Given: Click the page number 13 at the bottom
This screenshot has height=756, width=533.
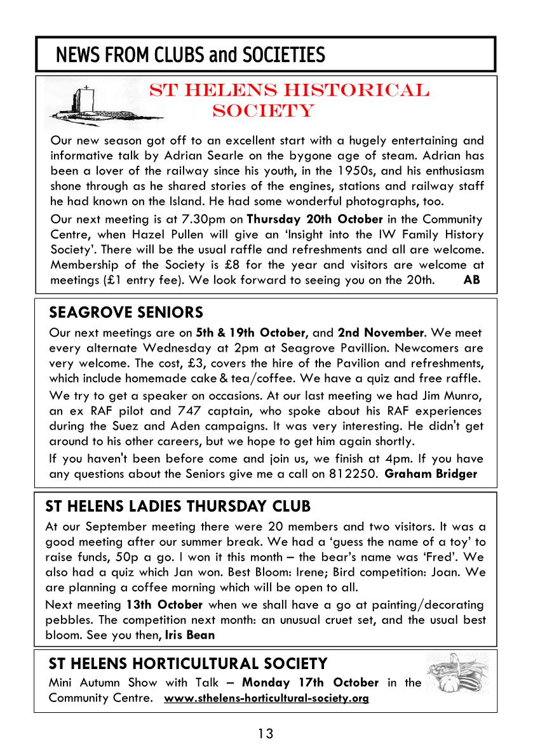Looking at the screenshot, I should [266, 734].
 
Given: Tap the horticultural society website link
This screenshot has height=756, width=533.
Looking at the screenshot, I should [267, 698].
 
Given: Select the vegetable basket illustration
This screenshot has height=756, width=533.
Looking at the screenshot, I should [458, 680].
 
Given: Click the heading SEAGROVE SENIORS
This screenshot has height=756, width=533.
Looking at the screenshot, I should [126, 312].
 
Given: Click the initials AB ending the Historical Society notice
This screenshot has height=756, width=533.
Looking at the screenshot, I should [472, 279].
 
